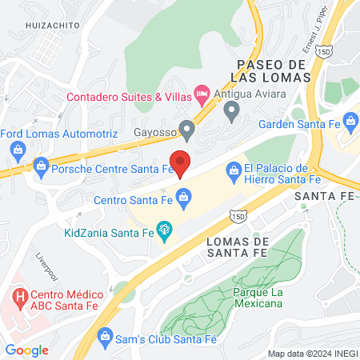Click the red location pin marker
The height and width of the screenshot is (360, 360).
(181, 162)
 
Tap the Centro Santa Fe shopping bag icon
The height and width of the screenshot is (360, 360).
(183, 195)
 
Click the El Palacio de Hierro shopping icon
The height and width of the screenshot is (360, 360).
(234, 169)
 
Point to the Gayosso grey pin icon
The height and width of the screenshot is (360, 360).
(187, 128)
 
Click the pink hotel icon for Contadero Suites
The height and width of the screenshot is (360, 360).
(202, 95)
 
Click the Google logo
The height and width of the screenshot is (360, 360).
(26, 350)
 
